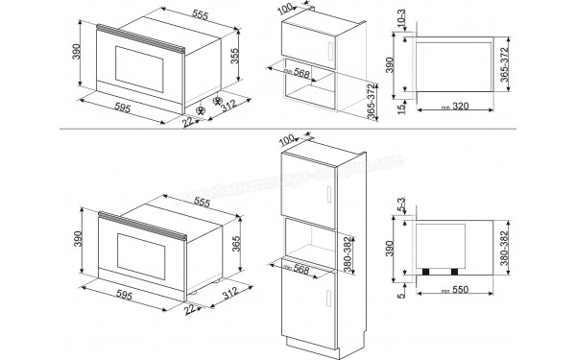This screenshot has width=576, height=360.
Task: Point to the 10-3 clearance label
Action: pos(400,21)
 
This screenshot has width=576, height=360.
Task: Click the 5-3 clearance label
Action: pos(400,205)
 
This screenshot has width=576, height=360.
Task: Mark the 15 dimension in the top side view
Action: pos(400,100)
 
